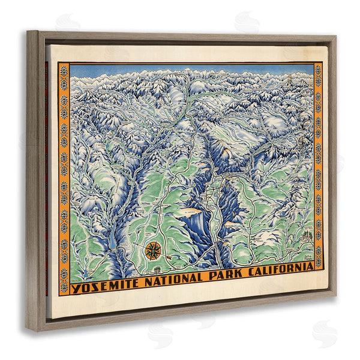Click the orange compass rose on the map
(x=153, y=248)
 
